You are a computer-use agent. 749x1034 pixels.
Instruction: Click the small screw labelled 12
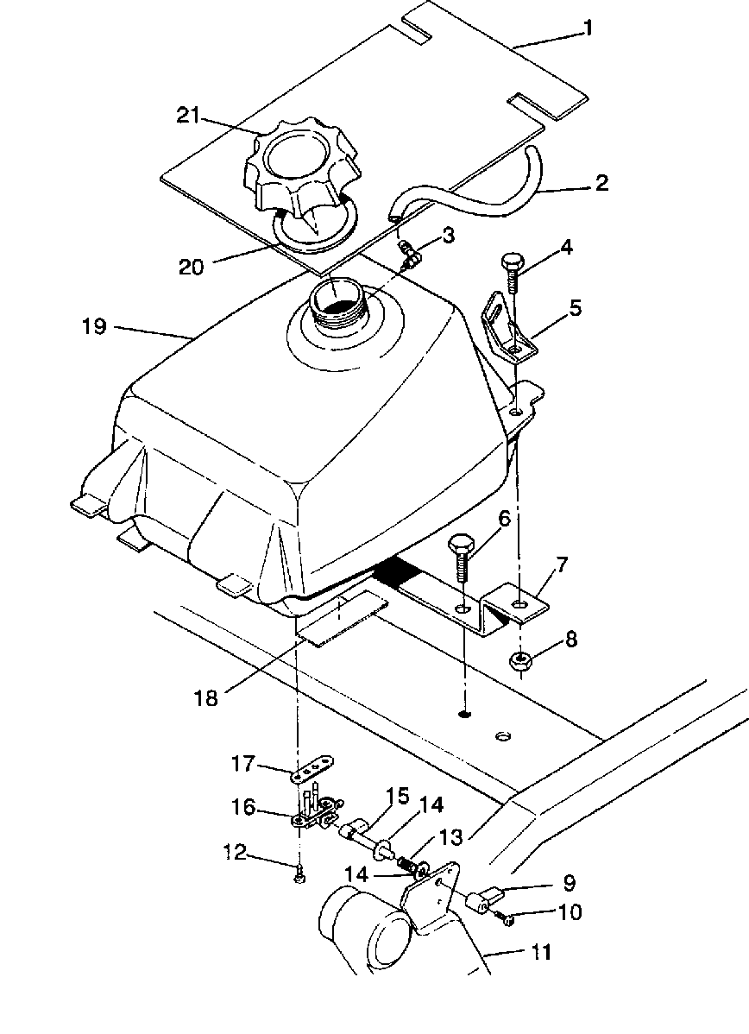pyautogui.click(x=299, y=876)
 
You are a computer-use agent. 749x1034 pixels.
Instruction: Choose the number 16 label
pyautogui.click(x=244, y=807)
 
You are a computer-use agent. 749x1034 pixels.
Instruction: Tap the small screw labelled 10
pyautogui.click(x=509, y=920)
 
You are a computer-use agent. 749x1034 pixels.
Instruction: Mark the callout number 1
pyautogui.click(x=588, y=28)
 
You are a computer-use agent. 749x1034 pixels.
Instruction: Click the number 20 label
pyautogui.click(x=192, y=267)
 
